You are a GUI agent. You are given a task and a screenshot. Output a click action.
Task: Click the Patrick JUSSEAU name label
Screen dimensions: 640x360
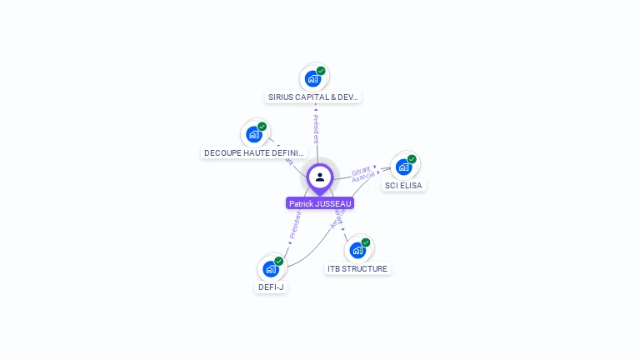click(320, 203)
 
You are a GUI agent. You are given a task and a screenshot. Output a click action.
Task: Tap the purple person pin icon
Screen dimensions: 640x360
click(320, 177)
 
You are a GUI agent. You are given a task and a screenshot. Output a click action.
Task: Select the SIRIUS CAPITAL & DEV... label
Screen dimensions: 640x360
click(313, 97)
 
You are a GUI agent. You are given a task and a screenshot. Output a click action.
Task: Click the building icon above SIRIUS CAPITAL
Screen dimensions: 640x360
click(312, 79)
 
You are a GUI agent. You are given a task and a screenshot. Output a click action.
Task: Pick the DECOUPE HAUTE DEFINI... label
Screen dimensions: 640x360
click(255, 152)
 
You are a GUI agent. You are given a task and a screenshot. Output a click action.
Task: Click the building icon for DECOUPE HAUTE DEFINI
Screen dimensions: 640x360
click(253, 134)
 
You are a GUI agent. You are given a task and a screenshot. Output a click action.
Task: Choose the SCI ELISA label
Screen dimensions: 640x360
click(404, 185)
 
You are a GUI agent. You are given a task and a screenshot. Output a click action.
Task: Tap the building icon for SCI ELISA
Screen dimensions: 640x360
click(403, 167)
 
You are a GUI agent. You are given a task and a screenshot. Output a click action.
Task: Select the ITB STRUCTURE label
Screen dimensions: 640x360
click(357, 268)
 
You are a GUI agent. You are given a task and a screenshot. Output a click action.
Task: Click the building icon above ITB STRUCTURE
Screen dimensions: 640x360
click(357, 250)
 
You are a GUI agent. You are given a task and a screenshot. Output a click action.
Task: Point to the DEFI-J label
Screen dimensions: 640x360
click(271, 287)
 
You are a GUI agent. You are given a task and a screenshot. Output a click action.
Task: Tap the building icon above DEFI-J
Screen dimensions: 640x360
click(270, 268)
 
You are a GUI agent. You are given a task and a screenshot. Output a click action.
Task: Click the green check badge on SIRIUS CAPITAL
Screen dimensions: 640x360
click(321, 71)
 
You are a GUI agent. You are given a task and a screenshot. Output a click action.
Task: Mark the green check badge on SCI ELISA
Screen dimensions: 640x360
click(412, 159)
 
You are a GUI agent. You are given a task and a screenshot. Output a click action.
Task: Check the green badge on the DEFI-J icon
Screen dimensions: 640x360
click(279, 261)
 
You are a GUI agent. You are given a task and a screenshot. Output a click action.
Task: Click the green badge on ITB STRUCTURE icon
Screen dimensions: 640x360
click(366, 242)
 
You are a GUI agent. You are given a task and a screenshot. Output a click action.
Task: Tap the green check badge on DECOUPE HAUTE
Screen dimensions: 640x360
click(262, 127)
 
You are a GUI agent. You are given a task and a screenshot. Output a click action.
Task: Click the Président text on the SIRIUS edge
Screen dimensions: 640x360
click(317, 129)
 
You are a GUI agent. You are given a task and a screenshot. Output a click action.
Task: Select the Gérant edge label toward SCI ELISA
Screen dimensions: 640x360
click(361, 170)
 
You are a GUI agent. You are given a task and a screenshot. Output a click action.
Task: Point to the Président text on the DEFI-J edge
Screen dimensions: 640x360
click(294, 226)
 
